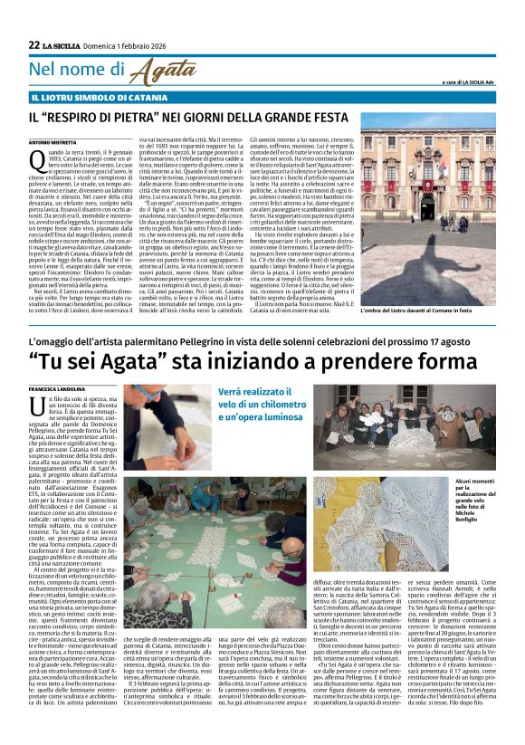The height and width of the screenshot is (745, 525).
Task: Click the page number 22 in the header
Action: click(x=34, y=44)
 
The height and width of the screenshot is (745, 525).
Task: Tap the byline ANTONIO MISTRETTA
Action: click(x=53, y=143)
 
